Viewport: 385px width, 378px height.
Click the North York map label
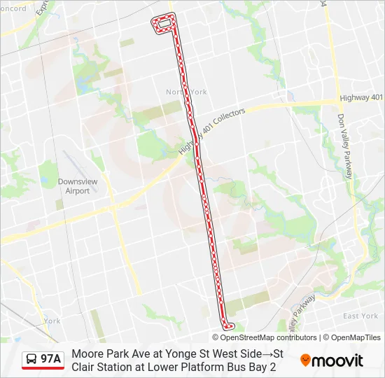(186, 92)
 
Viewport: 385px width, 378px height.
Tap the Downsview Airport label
(73, 185)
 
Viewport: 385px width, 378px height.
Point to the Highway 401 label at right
(360, 97)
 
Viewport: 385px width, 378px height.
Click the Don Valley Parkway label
(344, 147)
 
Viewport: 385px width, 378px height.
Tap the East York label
(360, 316)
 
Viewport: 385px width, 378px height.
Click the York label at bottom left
(52, 321)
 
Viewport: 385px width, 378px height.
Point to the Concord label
(12, 8)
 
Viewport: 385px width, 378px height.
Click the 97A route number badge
(51, 359)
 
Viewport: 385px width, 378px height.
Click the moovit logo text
(339, 360)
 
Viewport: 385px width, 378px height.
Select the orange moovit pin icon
(305, 360)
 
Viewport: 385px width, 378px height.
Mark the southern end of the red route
(227, 325)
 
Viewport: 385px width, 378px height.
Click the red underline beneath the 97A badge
(43, 369)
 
